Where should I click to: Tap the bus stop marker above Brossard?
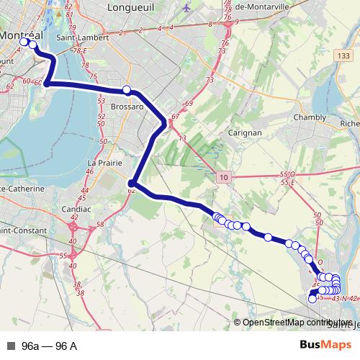(x=127, y=90)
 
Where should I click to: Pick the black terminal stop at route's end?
(x=312, y=299)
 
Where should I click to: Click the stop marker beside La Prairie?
(x=132, y=183)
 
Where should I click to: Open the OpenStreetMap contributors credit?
(x=296, y=323)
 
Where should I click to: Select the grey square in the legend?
(x=11, y=346)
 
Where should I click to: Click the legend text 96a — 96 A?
(x=50, y=346)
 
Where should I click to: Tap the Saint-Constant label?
(x=24, y=230)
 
